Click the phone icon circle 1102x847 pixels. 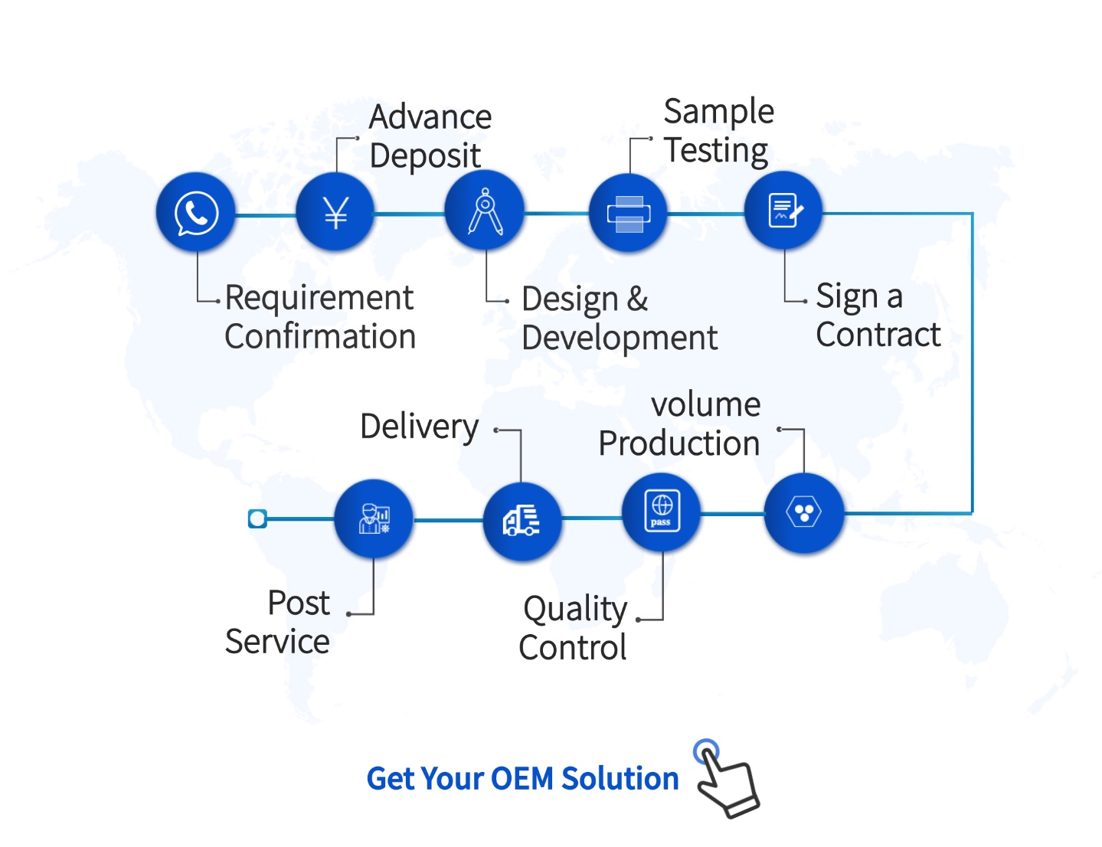(196, 212)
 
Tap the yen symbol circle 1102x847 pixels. (335, 212)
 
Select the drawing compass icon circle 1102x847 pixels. (485, 211)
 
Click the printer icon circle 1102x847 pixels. (628, 213)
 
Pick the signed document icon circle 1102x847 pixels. (783, 211)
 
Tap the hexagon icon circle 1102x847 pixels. (804, 513)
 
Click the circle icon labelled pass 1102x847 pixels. (662, 512)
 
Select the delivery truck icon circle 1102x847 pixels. (522, 522)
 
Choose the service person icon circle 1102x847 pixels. (374, 518)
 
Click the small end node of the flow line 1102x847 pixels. (257, 518)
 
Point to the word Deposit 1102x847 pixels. (425, 157)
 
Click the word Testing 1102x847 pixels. (717, 151)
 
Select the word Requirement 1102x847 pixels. (319, 298)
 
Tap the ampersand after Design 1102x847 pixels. (637, 299)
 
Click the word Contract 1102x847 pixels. (878, 335)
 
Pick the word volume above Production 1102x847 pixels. (706, 405)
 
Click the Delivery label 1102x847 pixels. (420, 427)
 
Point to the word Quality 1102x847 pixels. (576, 610)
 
